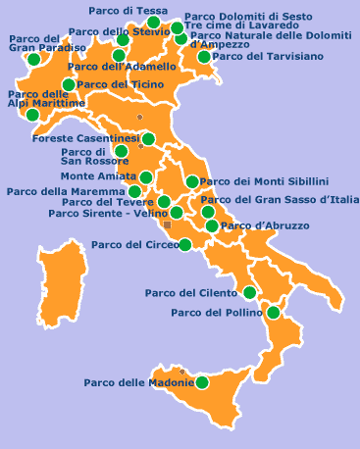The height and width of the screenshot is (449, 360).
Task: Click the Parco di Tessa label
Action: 127,10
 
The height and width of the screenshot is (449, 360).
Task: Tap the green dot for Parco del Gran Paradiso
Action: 34,60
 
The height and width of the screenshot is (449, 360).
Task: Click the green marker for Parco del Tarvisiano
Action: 205,58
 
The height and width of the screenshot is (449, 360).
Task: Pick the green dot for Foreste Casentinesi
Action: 148,139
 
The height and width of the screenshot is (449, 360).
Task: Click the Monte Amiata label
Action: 98,176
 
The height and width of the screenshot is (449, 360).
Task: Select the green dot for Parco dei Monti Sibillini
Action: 191,181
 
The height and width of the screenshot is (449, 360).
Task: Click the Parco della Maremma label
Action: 65,191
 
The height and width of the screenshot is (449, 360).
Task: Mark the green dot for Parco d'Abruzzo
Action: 212,226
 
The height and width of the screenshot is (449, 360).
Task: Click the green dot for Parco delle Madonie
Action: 202,381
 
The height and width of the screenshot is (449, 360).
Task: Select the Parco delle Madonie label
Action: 138,382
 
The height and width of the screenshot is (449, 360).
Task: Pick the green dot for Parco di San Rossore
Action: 121,152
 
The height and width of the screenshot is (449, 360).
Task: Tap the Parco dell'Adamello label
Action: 124,67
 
